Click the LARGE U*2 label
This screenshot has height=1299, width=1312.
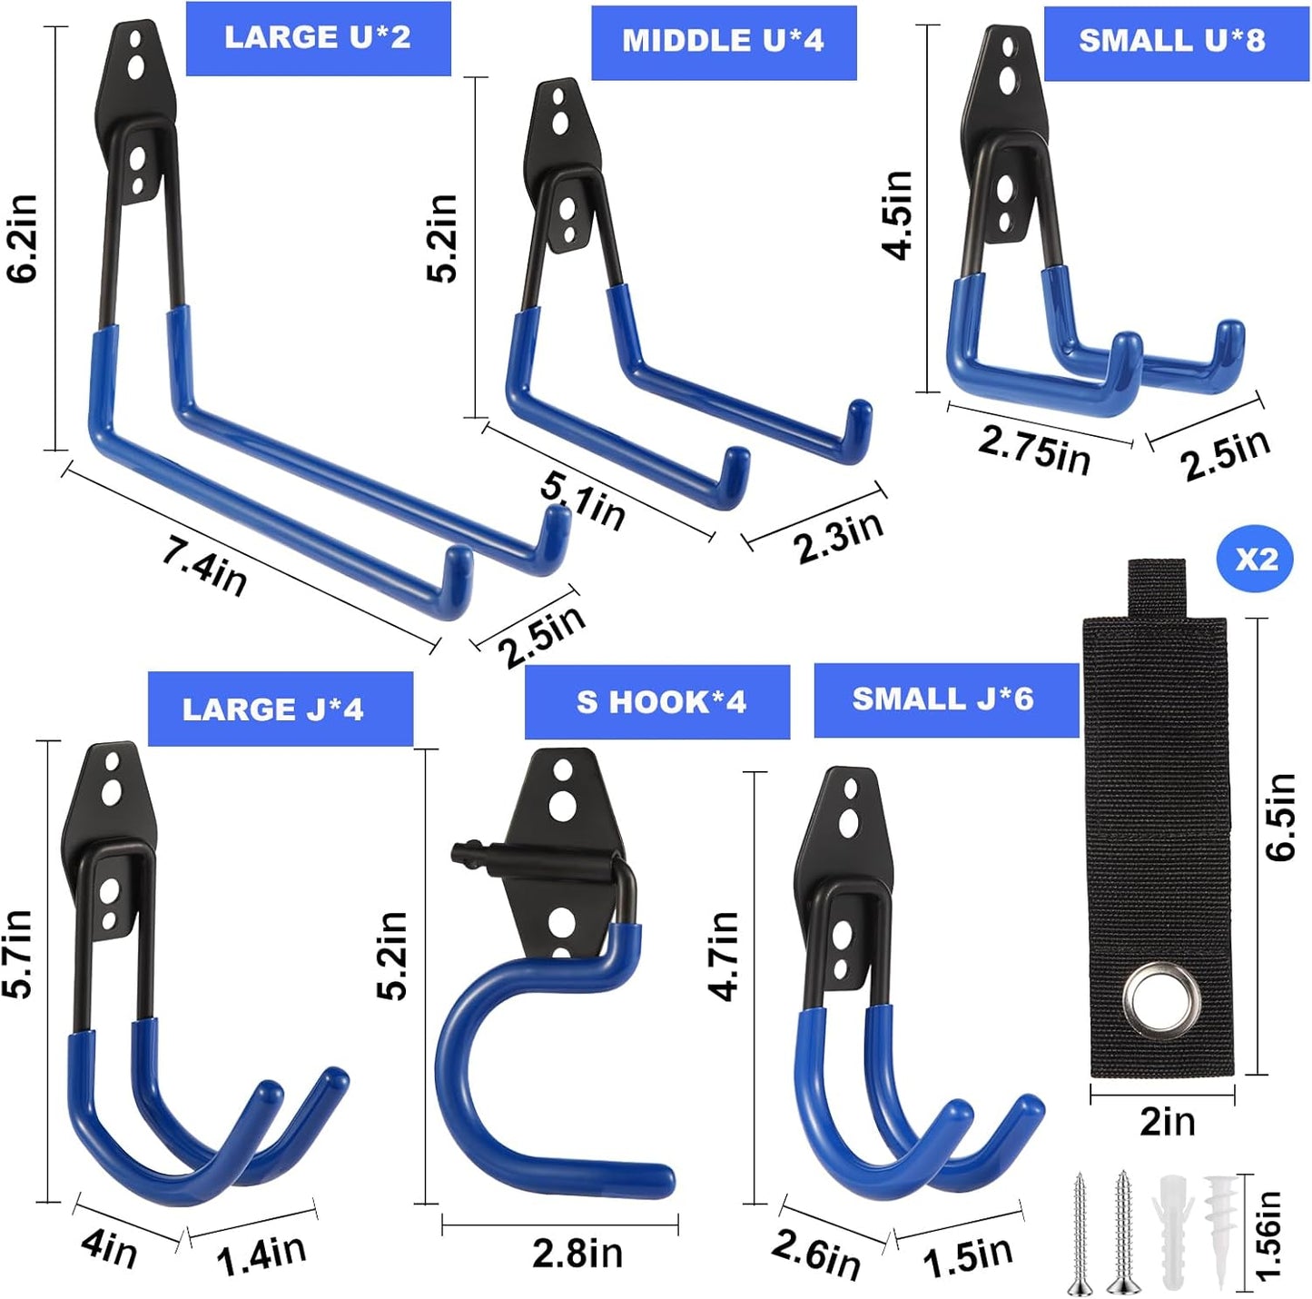coord(318,38)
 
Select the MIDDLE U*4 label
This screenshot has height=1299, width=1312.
coord(724,42)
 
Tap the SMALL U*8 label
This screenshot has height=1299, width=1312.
coord(1172,42)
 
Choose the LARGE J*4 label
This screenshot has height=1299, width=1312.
coord(273,709)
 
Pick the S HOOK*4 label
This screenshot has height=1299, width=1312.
coord(661,702)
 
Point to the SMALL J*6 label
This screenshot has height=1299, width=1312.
coord(942,699)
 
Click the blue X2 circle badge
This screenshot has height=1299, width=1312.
coord(1255,560)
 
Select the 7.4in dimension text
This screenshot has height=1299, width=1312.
coord(204,566)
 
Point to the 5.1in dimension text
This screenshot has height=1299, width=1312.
coord(583,501)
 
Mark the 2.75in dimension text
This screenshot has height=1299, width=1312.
coord(1034,449)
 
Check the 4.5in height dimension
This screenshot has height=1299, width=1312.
coord(898,214)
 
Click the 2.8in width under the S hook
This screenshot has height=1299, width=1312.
coord(577,1254)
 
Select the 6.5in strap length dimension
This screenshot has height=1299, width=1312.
coord(1280,816)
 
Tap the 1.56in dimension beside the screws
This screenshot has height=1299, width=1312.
coord(1268,1235)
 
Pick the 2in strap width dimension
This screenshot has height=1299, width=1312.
coord(1168,1123)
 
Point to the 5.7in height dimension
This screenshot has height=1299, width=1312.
coord(18,954)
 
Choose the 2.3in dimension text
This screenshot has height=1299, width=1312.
coord(837,538)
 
